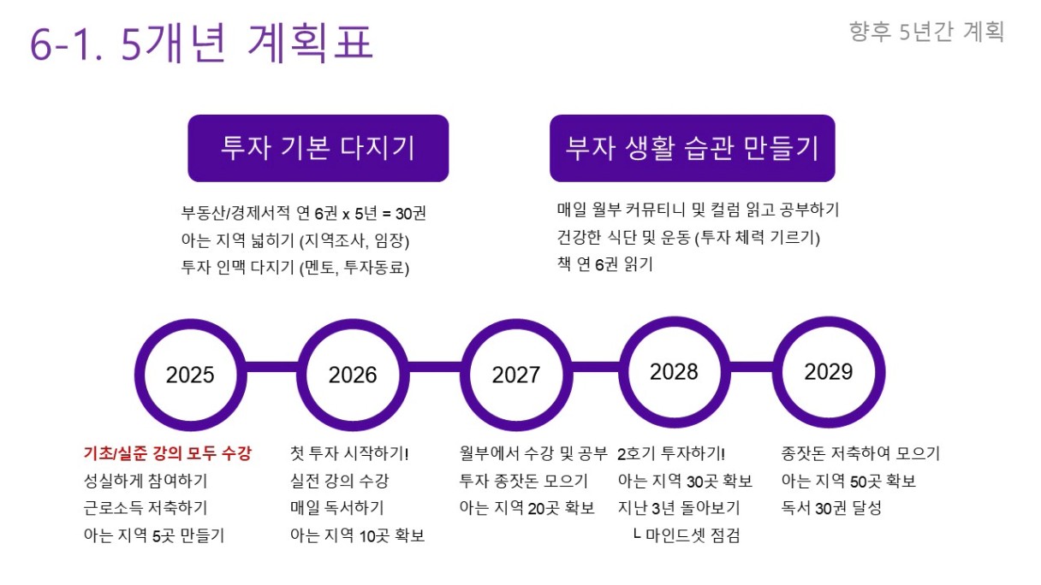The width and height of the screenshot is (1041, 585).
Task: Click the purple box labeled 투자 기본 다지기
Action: [318, 148]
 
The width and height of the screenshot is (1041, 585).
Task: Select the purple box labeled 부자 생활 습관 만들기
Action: [693, 148]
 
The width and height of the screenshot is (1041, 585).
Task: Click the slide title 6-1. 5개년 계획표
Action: [202, 43]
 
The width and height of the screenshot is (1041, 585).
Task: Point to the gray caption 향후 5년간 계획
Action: [926, 32]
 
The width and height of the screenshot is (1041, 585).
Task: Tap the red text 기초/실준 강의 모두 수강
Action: [167, 453]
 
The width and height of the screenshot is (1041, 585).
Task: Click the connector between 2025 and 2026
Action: [272, 367]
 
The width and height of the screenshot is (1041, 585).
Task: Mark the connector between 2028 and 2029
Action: [752, 367]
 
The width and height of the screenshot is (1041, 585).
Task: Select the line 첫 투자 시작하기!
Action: [349, 453]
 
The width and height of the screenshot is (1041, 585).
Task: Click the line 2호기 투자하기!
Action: [671, 453]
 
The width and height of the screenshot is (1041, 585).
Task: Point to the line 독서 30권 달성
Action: [831, 507]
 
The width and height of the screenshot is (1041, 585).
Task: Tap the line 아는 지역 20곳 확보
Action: [527, 507]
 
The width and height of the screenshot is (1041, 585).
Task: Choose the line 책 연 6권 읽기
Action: [605, 264]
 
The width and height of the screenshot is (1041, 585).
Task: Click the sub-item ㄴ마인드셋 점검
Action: [687, 535]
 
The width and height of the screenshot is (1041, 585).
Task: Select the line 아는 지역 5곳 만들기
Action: [154, 535]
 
